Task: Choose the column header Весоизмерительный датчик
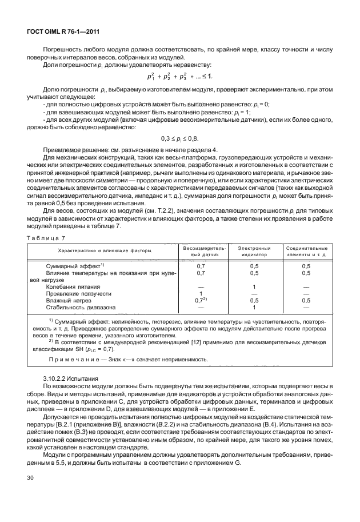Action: [201, 251]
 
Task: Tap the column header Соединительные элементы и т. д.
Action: [306, 251]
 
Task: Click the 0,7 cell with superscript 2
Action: [201, 300]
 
